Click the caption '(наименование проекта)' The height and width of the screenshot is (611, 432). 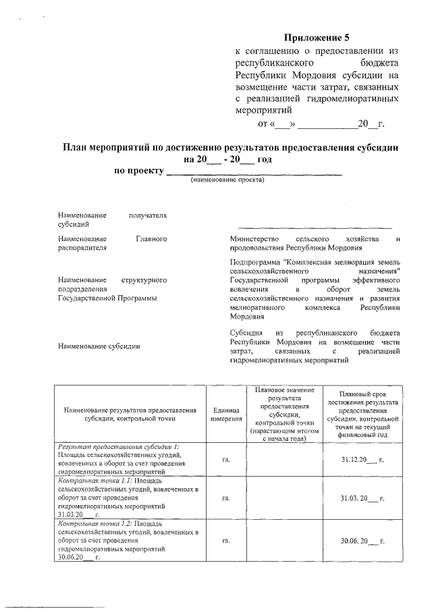[x=227, y=180]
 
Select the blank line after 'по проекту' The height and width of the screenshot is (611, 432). [x=254, y=172]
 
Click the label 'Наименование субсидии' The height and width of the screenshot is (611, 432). [x=100, y=346]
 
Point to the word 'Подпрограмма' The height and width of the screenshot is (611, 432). [x=256, y=261]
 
